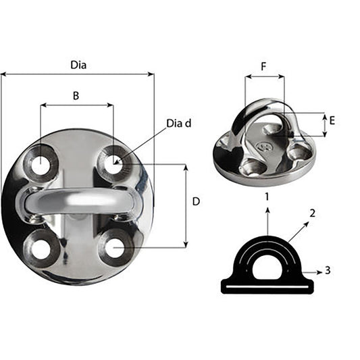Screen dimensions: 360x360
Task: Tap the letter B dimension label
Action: coord(76,96)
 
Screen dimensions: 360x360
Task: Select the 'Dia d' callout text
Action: coord(179,123)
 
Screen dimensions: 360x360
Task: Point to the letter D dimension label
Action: coord(196,201)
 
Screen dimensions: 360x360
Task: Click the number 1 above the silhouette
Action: coord(267,197)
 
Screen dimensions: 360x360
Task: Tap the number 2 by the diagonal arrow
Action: coord(312,213)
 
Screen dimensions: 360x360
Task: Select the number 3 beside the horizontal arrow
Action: coord(327,270)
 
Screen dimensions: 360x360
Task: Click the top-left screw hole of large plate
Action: coord(41,164)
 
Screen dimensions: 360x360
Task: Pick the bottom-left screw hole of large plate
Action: coord(41,249)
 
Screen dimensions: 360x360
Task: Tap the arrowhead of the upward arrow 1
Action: coord(267,211)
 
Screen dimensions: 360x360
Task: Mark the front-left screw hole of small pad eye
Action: coord(253,168)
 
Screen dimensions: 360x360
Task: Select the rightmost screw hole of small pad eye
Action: coord(297,151)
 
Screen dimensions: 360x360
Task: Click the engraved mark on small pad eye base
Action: coord(264,144)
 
